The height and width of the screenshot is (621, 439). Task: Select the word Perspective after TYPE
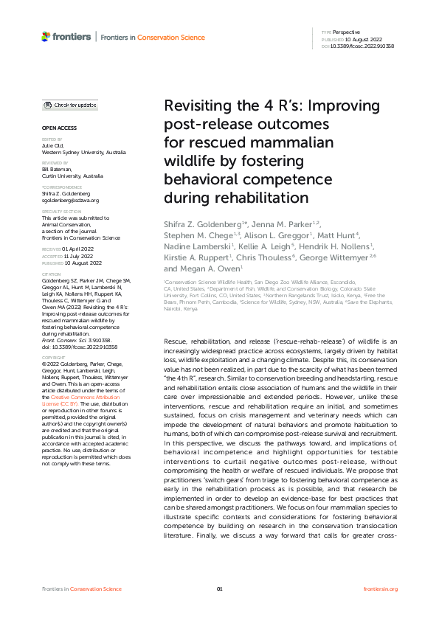point(345,32)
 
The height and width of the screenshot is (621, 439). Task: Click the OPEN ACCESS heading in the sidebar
point(58,128)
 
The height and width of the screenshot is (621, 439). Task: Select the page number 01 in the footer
point(219,589)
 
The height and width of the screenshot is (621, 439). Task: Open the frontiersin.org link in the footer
point(381,589)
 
